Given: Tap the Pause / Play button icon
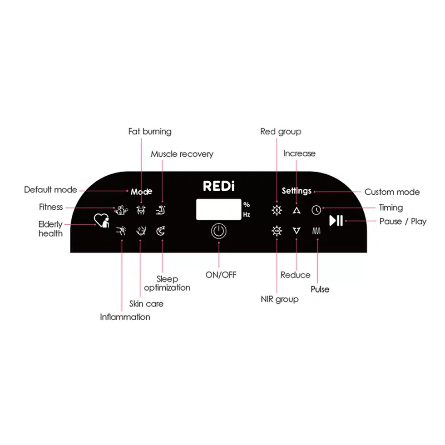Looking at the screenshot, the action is point(336,221).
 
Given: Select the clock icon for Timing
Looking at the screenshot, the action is point(316,210).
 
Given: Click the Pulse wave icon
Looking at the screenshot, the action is point(316,231).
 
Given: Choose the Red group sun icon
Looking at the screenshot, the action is point(277,210).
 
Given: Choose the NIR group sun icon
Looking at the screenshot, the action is point(277,231).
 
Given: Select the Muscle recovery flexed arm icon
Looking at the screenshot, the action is point(161,210).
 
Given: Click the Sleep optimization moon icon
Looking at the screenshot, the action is point(161,231).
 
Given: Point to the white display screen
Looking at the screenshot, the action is point(218,209).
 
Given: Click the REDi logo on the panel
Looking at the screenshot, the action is point(219,186).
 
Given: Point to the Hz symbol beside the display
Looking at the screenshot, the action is point(247,214).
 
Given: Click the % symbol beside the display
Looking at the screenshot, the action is point(247,204).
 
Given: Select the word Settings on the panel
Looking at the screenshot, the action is point(297,191).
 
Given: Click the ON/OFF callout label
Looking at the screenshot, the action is point(221,275).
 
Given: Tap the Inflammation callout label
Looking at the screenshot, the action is point(125,317).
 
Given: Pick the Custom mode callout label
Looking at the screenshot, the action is point(392,192).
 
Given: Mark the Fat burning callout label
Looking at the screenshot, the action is point(150,132).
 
